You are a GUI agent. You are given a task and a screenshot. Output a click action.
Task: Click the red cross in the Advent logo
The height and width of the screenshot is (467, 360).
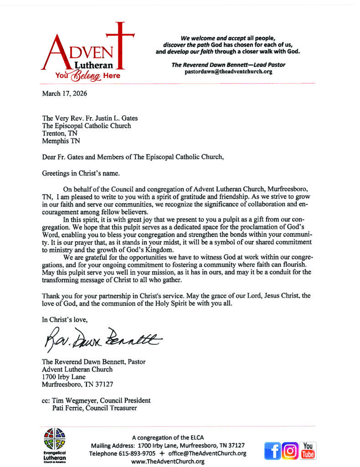tap(120, 43)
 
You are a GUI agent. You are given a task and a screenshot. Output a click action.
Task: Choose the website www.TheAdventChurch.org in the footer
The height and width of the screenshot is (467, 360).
tap(168, 461)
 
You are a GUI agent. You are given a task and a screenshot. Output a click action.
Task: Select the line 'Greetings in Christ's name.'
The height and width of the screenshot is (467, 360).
tap(78, 173)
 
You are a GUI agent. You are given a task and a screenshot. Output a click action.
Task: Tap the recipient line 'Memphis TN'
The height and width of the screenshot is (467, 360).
tap(60, 141)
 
